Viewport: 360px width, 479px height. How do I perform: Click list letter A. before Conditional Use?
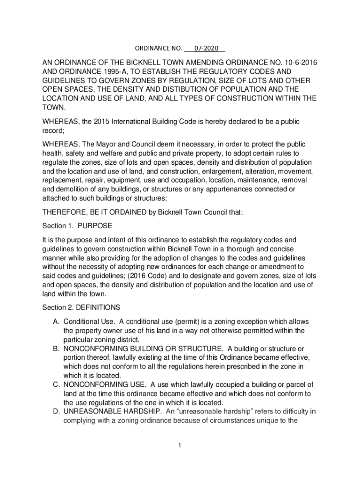point(56,322)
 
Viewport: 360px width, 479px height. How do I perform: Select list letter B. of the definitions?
point(56,349)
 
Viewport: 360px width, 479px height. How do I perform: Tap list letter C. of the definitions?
point(56,385)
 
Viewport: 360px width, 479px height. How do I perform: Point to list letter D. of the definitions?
point(56,412)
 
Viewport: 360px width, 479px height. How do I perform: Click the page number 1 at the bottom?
point(180,445)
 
